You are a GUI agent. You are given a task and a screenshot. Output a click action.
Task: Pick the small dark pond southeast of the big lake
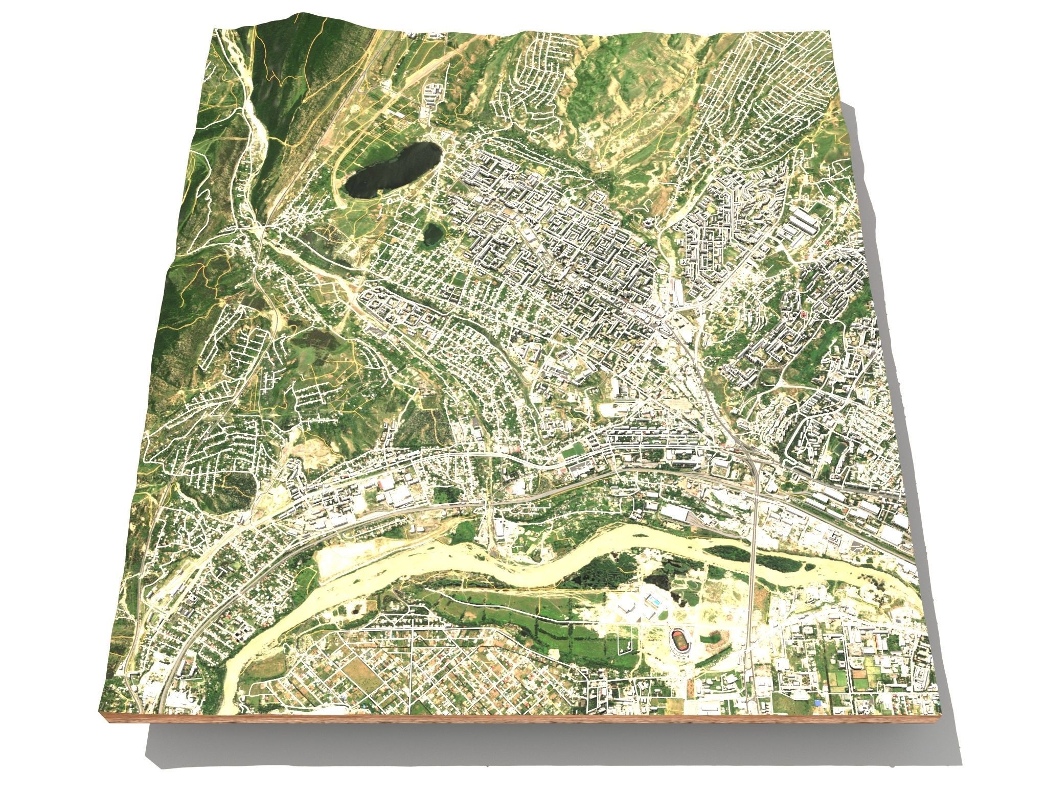433,234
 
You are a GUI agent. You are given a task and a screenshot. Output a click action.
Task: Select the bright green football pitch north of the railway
572,451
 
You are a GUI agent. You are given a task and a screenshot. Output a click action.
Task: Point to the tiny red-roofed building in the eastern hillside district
804,313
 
